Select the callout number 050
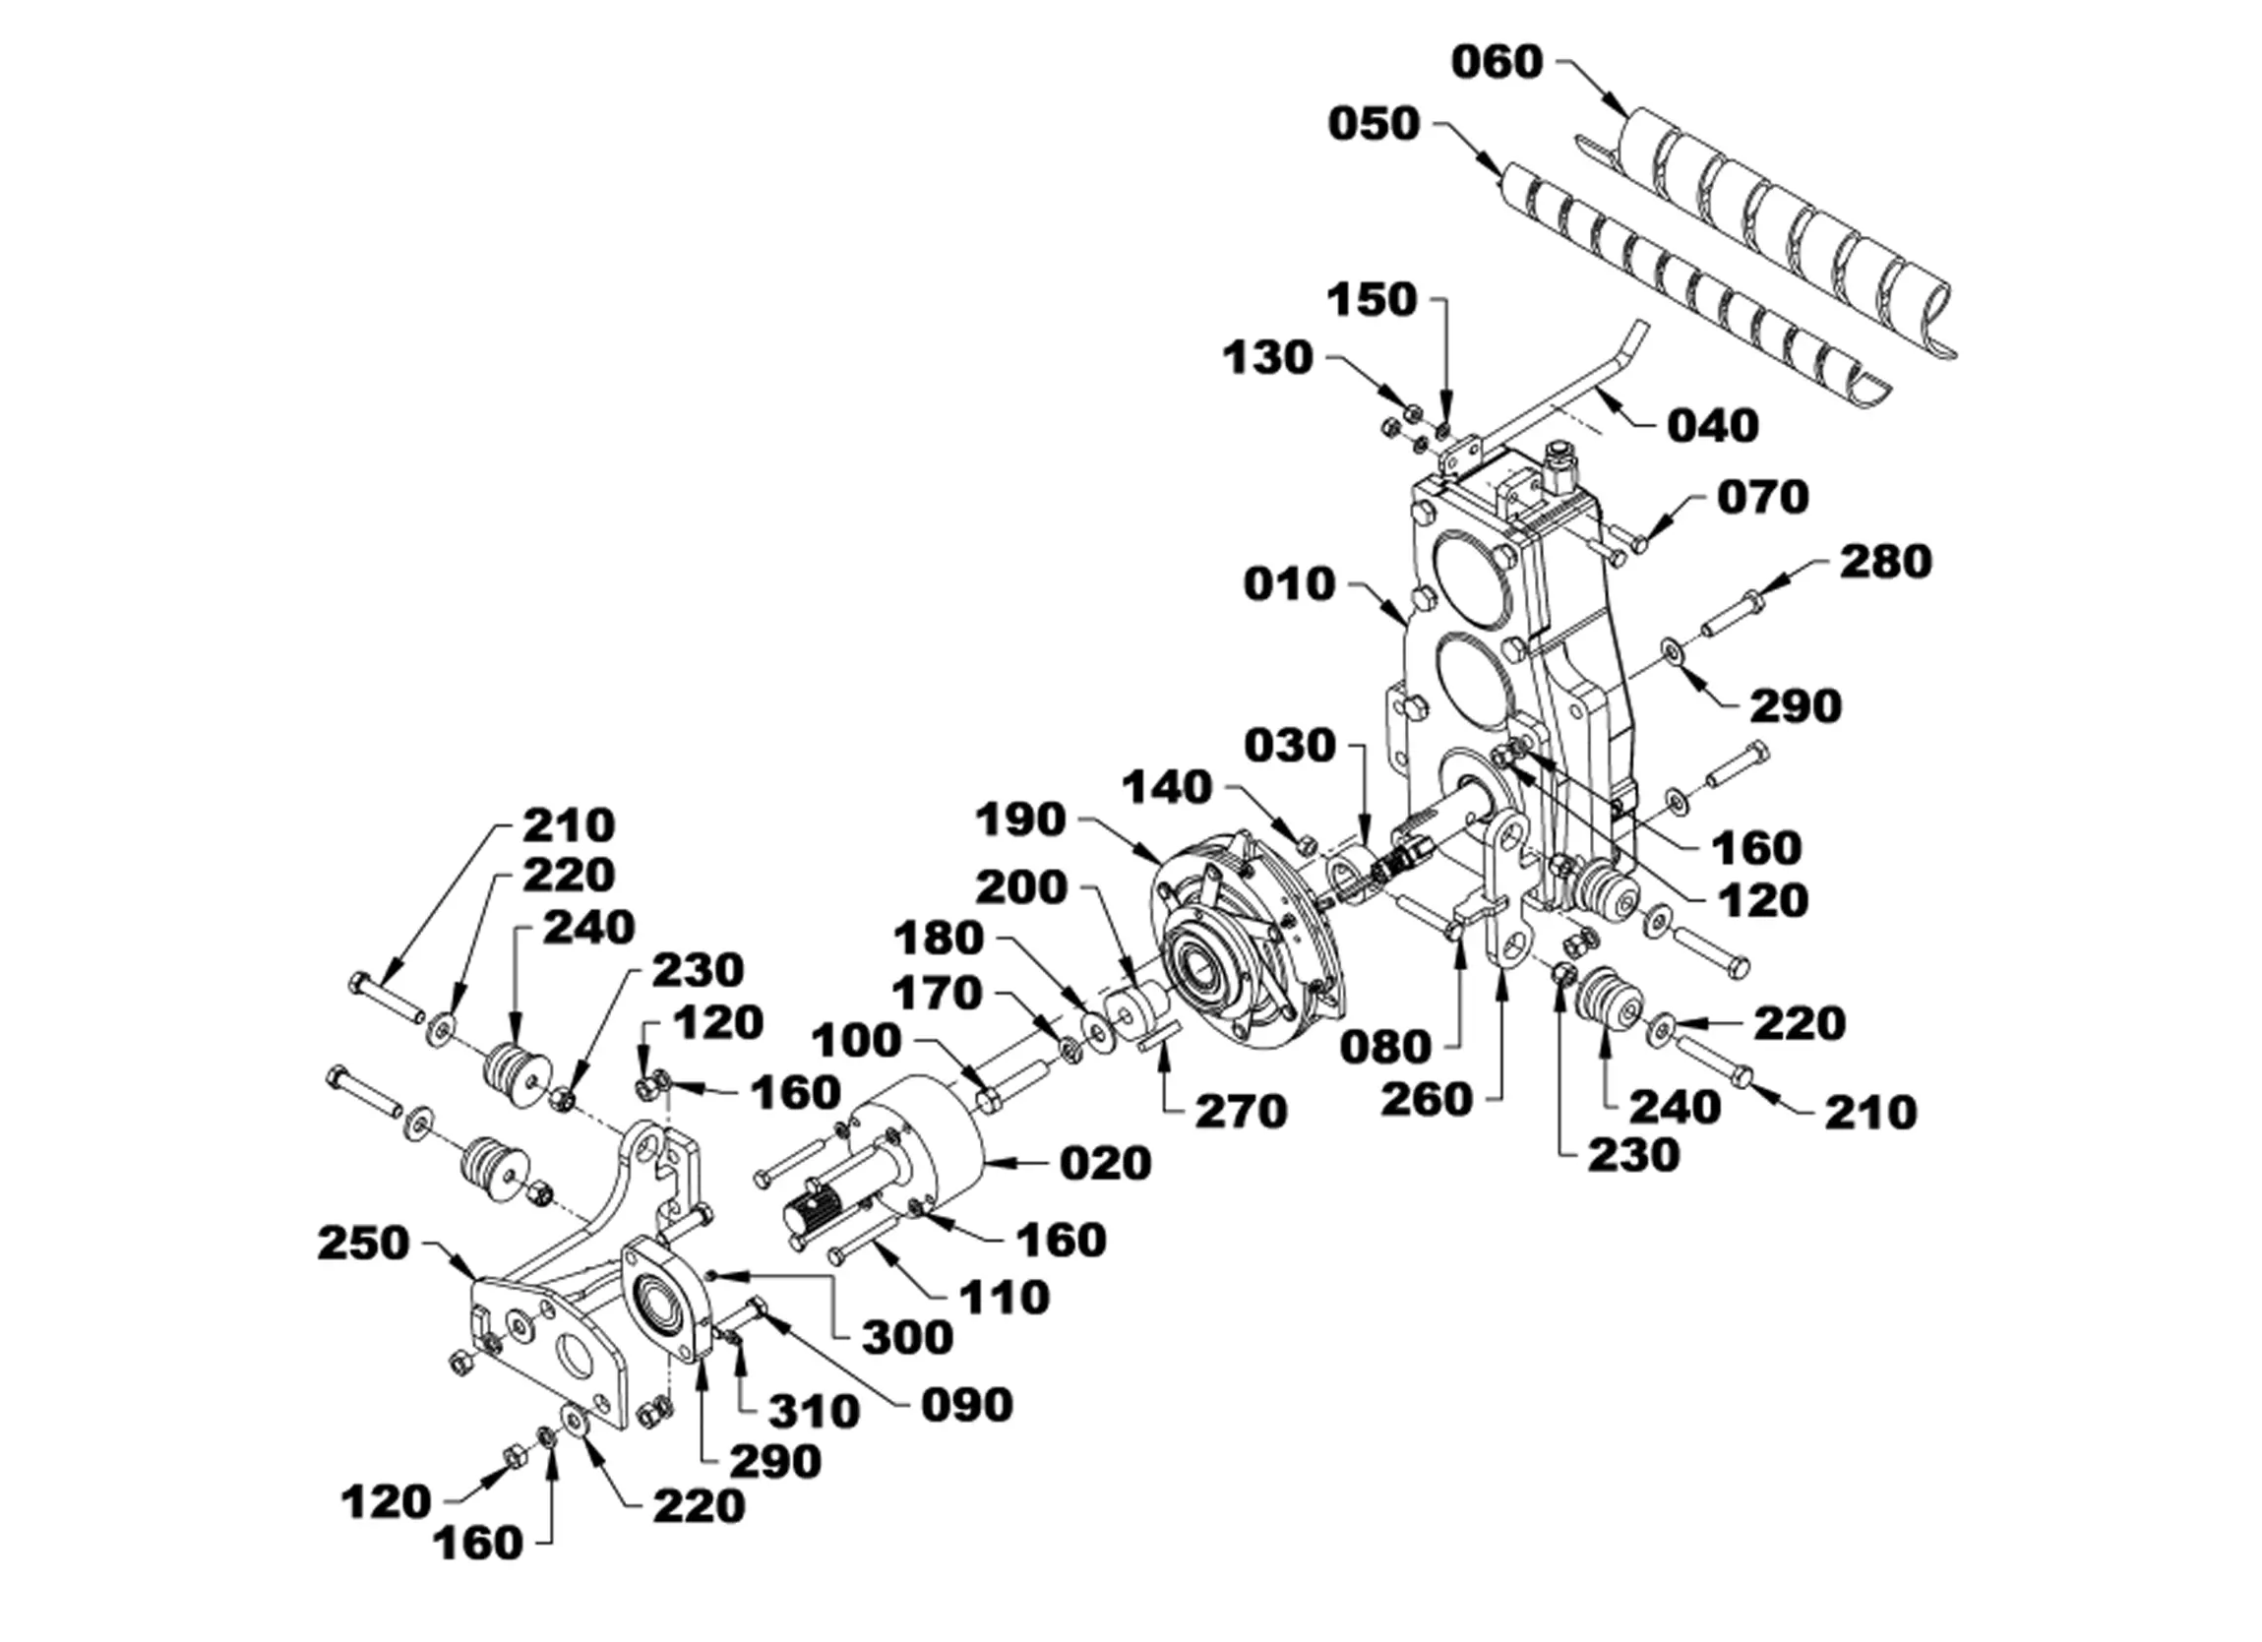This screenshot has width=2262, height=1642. (1374, 125)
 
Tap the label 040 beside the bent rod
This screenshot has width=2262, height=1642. (1713, 426)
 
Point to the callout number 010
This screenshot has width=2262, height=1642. (1289, 584)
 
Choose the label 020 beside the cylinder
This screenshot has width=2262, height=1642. (1105, 1163)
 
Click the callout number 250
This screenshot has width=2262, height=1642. (363, 1244)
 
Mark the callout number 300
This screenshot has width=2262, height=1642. (907, 1338)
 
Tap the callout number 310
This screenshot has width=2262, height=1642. (814, 1413)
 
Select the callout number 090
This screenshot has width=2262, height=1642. (966, 1406)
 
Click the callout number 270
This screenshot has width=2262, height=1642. (1242, 1112)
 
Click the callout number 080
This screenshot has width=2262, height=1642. (1384, 1048)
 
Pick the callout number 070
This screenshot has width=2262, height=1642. (1762, 497)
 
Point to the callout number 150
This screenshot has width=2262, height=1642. (1373, 300)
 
